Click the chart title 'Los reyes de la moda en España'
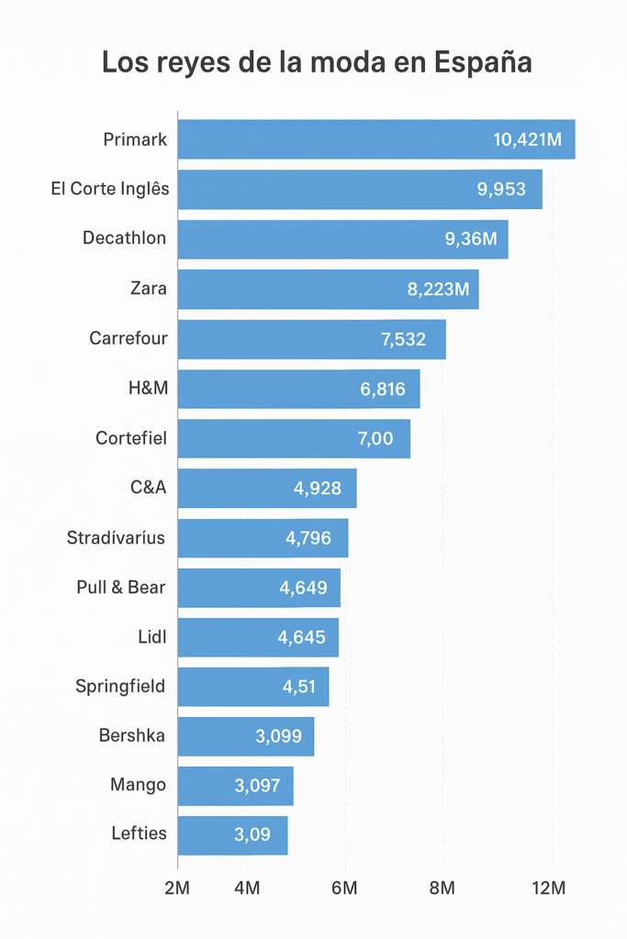317,62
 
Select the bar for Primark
375,139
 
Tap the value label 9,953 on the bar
501,189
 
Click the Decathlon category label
124,238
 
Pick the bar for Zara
328,289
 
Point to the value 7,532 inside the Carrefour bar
403,338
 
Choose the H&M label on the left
149,389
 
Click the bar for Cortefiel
294,438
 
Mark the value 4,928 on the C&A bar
318,488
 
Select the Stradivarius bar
263,538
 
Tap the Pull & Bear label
121,588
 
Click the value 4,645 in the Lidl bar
301,637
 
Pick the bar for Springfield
252,687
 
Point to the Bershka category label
132,735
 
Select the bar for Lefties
232,835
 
